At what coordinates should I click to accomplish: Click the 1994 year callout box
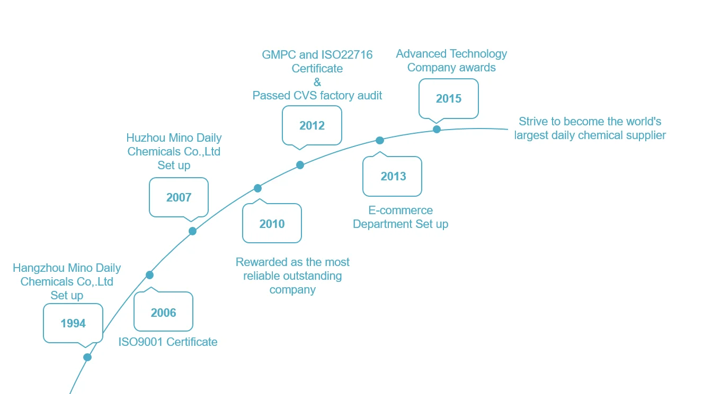click(x=73, y=323)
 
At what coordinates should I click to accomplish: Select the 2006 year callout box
click(x=163, y=313)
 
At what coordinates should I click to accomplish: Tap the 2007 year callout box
click(x=179, y=197)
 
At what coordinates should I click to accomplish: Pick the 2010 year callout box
click(x=272, y=224)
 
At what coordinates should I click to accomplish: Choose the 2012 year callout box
click(x=312, y=125)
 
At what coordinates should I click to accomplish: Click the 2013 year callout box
click(x=393, y=176)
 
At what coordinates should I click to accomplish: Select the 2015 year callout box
click(x=448, y=98)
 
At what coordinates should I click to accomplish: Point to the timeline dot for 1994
click(x=87, y=357)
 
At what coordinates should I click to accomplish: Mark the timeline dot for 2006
click(x=149, y=274)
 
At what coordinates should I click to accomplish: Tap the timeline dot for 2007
click(x=192, y=231)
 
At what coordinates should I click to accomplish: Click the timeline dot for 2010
click(x=257, y=188)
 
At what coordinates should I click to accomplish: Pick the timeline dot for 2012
click(x=300, y=165)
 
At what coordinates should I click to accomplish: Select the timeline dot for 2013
click(x=379, y=140)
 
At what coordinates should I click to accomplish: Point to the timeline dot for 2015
click(x=437, y=129)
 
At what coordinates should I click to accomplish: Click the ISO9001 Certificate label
click(x=168, y=342)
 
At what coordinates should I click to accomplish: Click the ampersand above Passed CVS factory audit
click(x=317, y=82)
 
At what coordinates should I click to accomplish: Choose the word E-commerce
click(x=401, y=210)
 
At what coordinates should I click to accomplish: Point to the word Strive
click(x=532, y=122)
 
